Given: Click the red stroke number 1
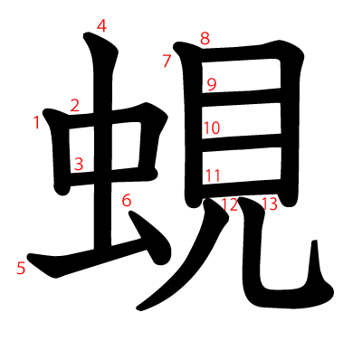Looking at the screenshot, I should [36, 121].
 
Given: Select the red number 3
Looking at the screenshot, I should [79, 165].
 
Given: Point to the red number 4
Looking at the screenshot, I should [101, 26].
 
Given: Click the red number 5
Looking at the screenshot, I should [21, 268].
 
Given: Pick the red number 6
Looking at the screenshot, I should [127, 200].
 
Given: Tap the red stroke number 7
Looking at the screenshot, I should [167, 62].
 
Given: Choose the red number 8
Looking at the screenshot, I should [205, 39].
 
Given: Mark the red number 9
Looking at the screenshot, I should [212, 85].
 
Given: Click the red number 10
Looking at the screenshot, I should [211, 128].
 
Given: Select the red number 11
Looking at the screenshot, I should [213, 175].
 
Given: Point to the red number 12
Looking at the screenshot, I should [229, 204].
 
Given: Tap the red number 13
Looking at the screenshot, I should [269, 204].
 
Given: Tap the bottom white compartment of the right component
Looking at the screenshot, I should [242, 165].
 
